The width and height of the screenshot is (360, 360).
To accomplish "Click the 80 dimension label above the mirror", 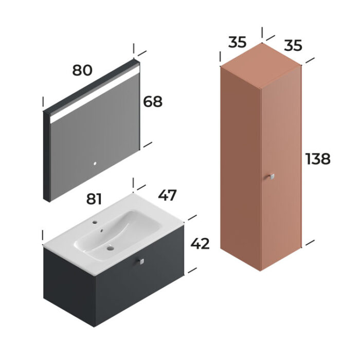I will point(82,70).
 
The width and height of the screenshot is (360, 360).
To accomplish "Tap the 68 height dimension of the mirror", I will point(152,102).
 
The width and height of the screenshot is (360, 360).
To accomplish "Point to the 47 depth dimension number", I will point(167,195).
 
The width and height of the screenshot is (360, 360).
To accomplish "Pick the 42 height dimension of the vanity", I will point(200,244).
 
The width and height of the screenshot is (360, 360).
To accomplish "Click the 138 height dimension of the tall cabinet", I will point(317,159).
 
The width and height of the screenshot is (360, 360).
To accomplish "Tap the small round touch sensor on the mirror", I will point(94,165).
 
